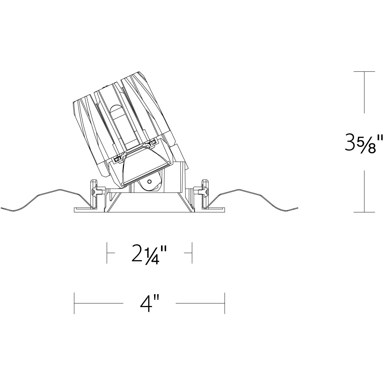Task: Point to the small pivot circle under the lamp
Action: tap(149, 182)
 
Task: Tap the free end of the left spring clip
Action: tap(2, 208)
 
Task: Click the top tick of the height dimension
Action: tap(364, 71)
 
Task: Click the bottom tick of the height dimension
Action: tap(364, 212)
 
